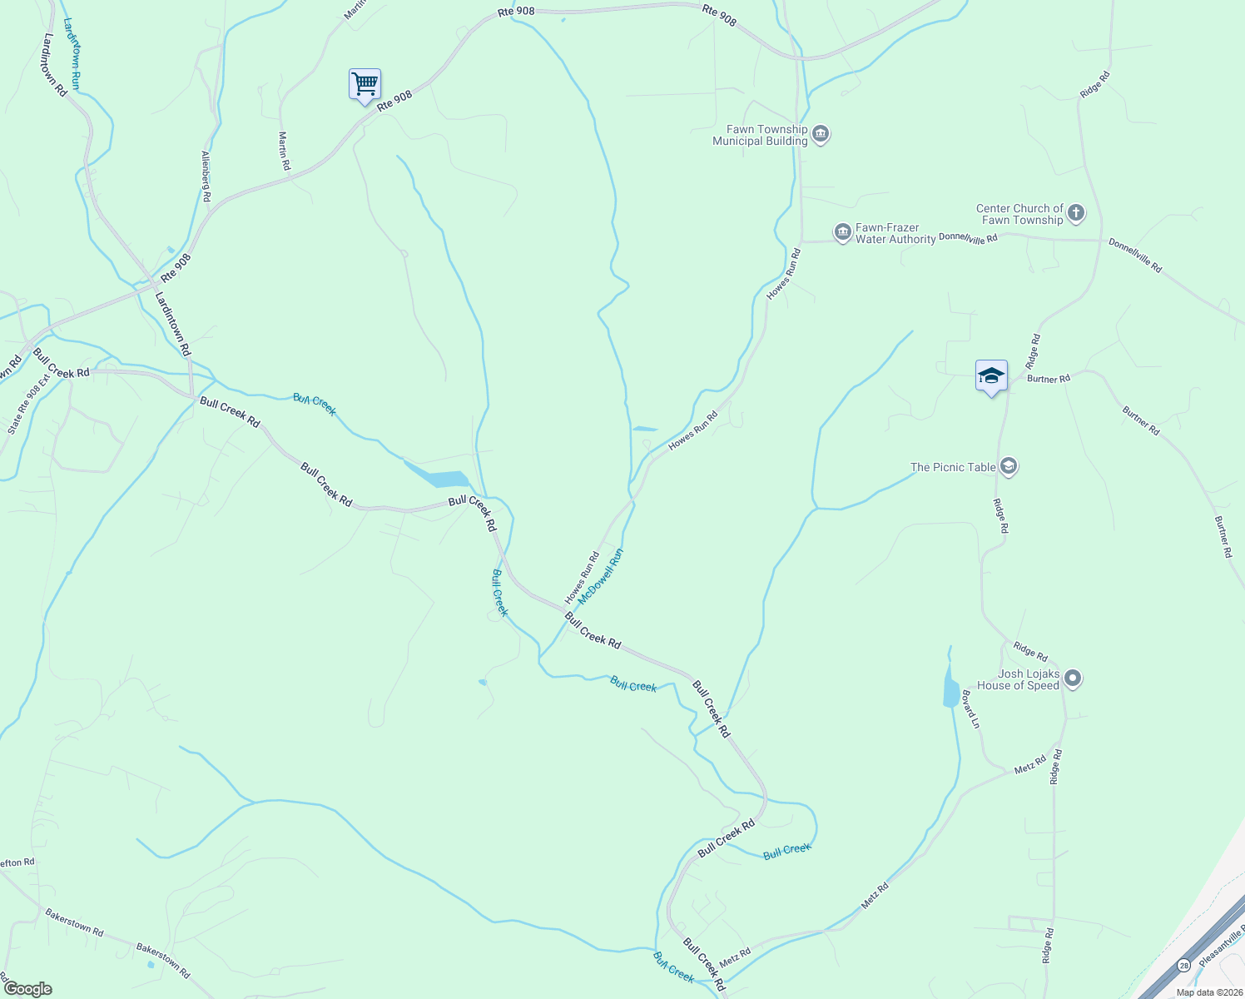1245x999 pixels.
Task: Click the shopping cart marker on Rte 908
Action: [x=365, y=84]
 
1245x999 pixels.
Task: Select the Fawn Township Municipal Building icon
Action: [x=821, y=134]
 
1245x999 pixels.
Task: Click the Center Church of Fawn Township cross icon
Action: [x=1076, y=214]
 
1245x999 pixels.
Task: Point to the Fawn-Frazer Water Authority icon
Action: [x=842, y=232]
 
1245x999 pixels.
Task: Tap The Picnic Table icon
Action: [x=1009, y=466]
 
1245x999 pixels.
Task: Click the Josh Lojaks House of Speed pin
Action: [x=1073, y=679]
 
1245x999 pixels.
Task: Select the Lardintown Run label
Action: [x=72, y=54]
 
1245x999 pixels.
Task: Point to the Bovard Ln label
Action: [x=971, y=708]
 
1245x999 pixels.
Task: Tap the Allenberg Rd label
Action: [x=206, y=177]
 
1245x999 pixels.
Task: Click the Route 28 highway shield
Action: [x=1183, y=964]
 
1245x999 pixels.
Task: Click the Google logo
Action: [x=27, y=988]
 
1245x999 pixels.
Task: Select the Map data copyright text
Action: [x=1208, y=992]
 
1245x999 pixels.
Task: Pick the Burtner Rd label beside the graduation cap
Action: [x=1048, y=379]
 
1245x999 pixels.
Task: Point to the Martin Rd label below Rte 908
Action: [x=284, y=152]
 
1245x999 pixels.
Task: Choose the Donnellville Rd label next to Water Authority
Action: [x=968, y=238]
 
